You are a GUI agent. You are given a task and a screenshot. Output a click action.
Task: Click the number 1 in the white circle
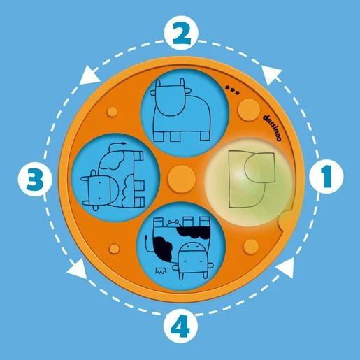[x=326, y=176]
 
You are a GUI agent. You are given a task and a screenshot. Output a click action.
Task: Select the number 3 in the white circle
[x=35, y=180]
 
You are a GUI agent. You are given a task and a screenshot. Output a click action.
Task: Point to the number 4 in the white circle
[x=180, y=326]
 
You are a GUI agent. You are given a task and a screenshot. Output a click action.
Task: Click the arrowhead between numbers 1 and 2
[x=271, y=74]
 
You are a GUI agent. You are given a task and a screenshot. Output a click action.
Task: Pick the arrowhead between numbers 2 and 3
[x=89, y=75]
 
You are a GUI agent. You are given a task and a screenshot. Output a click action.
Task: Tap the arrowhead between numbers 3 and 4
[x=77, y=268]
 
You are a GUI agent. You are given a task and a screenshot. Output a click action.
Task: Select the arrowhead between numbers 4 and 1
[x=285, y=268]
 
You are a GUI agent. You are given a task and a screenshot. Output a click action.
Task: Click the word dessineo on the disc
[x=272, y=127]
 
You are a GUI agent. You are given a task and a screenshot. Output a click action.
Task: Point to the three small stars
[x=232, y=90]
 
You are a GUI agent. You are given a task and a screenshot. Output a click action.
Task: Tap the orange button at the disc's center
[x=181, y=179]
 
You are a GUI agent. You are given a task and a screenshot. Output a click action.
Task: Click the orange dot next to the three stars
[x=249, y=110]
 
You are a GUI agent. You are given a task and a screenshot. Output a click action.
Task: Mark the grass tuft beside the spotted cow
[x=161, y=271]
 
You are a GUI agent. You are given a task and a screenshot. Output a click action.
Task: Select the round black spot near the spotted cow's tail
[x=163, y=248]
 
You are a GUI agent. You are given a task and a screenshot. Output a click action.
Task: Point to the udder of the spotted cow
[x=173, y=223]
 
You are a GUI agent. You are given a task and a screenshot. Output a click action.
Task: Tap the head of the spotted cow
[x=193, y=260]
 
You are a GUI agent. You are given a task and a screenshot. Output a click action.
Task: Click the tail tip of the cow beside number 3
[x=122, y=143]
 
